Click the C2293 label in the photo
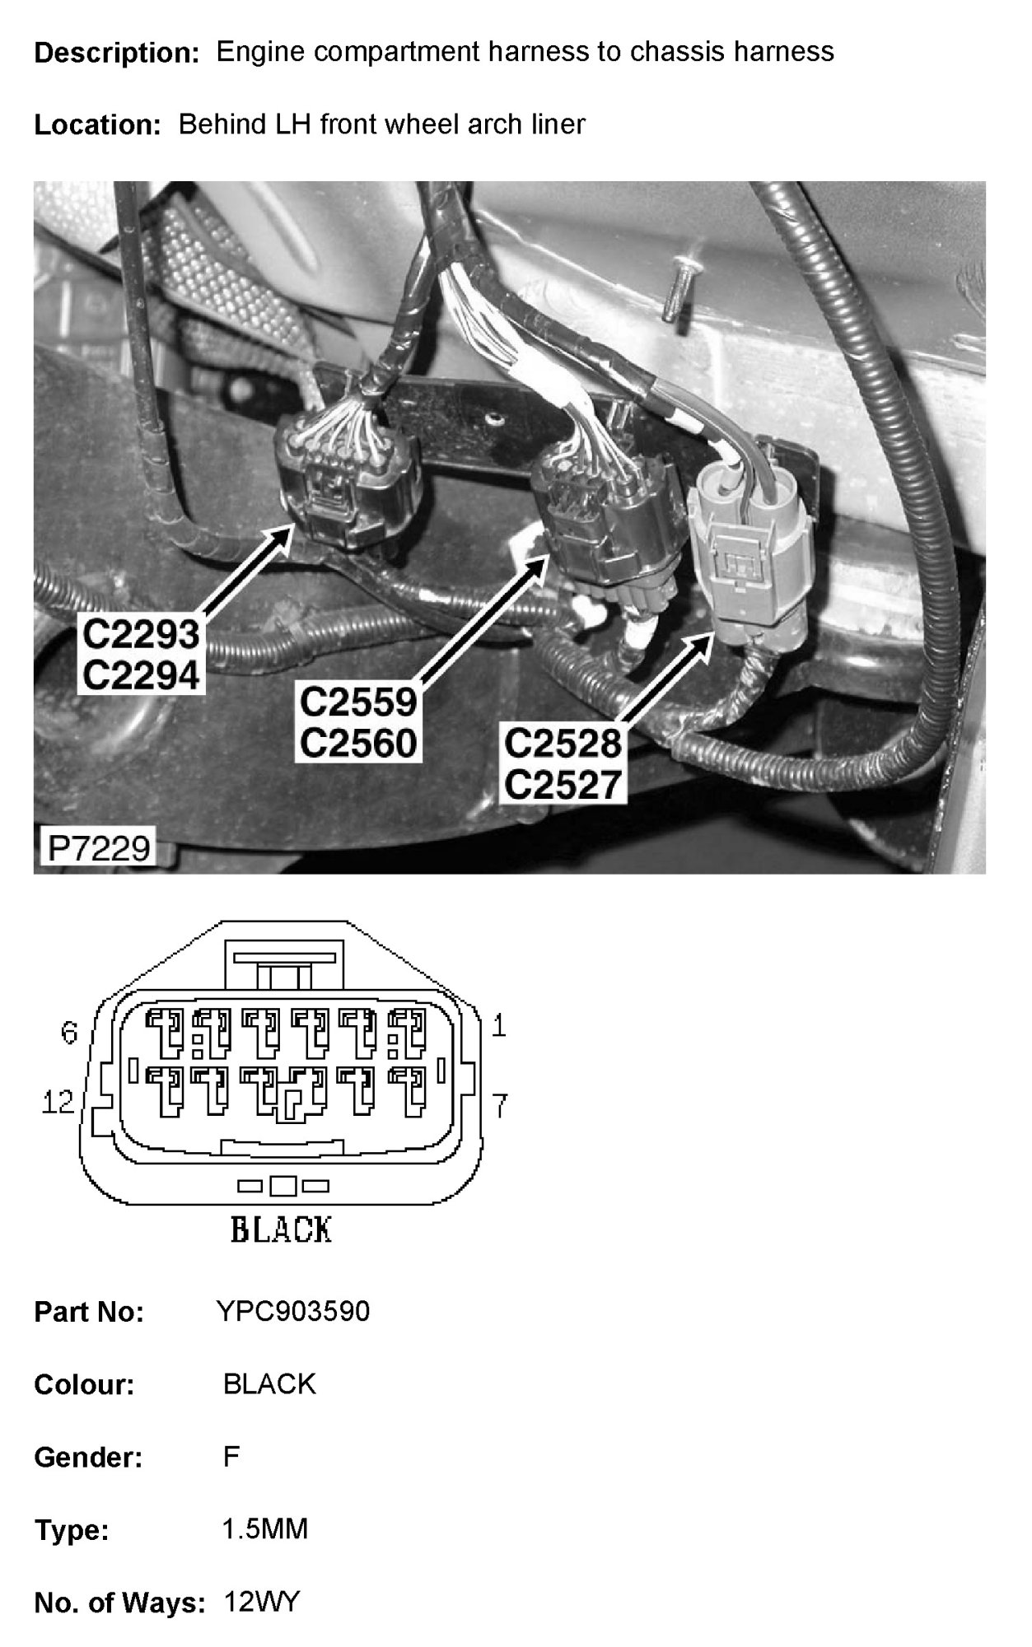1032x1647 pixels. click(141, 634)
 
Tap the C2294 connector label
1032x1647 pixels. click(141, 676)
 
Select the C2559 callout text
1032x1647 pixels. click(358, 702)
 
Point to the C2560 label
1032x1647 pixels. click(358, 744)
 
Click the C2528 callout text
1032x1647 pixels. click(562, 744)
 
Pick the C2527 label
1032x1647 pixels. click(562, 785)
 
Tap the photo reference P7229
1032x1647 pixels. click(100, 847)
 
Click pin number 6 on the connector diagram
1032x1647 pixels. click(70, 1032)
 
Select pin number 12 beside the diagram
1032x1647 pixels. click(58, 1101)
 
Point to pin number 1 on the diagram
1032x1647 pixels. click(498, 1025)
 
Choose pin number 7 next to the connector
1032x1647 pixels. click(499, 1105)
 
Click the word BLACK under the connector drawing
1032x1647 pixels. click(281, 1230)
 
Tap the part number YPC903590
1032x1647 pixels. click(293, 1310)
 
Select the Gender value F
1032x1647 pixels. click(231, 1457)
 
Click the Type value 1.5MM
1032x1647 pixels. click(265, 1529)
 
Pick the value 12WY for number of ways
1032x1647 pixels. click(262, 1602)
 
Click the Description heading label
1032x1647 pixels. click(116, 54)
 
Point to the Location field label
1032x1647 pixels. click(97, 125)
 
